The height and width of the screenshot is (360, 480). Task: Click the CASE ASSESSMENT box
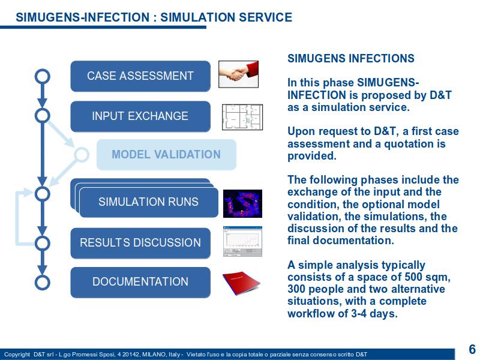[140, 76]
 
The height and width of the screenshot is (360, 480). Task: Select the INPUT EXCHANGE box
[140, 116]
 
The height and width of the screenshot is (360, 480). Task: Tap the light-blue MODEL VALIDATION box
[167, 155]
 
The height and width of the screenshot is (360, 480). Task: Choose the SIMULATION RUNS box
[148, 202]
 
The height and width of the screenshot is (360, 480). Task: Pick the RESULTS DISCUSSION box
[140, 243]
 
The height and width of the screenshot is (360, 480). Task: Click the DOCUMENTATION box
[140, 282]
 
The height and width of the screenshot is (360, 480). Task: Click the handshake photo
[238, 74]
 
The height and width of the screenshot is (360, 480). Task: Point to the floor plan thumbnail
[242, 117]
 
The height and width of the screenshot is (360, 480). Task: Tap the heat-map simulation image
[242, 203]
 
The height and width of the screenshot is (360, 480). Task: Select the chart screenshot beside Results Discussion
[242, 242]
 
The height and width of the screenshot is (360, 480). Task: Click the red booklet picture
[241, 283]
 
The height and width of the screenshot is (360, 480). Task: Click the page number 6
[472, 349]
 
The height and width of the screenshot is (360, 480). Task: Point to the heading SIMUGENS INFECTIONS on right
[351, 58]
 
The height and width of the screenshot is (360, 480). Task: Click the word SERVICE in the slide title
[265, 17]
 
